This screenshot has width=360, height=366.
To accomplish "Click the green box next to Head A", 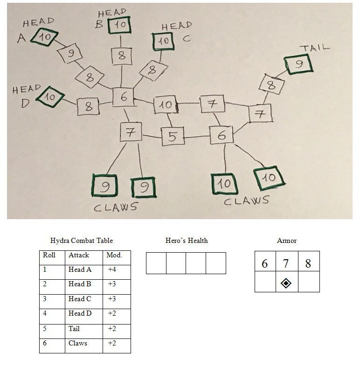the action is tap(44, 37).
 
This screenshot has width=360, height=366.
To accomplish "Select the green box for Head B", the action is tap(119, 25).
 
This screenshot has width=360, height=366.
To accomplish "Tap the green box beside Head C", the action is tap(163, 41).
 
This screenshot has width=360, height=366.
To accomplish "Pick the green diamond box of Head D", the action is tap(50, 97).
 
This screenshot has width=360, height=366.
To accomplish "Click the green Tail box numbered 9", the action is tap(298, 64).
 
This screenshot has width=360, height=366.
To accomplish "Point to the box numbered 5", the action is tap(173, 136).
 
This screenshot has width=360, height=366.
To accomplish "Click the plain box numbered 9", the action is tap(70, 54).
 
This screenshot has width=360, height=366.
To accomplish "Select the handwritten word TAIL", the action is tap(315, 48).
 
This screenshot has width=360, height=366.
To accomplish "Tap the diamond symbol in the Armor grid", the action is tap(286, 283).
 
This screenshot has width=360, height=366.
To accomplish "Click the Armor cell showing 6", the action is tap(265, 261).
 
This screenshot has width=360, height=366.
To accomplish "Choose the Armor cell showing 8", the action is tap(309, 261).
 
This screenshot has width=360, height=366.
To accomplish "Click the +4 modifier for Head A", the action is tap(112, 269).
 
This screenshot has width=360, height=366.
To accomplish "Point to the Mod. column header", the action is tap(114, 255).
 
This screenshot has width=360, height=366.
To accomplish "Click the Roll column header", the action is tap(49, 255).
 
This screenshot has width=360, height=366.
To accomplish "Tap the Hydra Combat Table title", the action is tap(82, 241).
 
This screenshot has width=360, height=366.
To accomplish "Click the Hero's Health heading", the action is tap(187, 241).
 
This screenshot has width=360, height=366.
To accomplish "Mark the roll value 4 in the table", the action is tap(45, 313).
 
